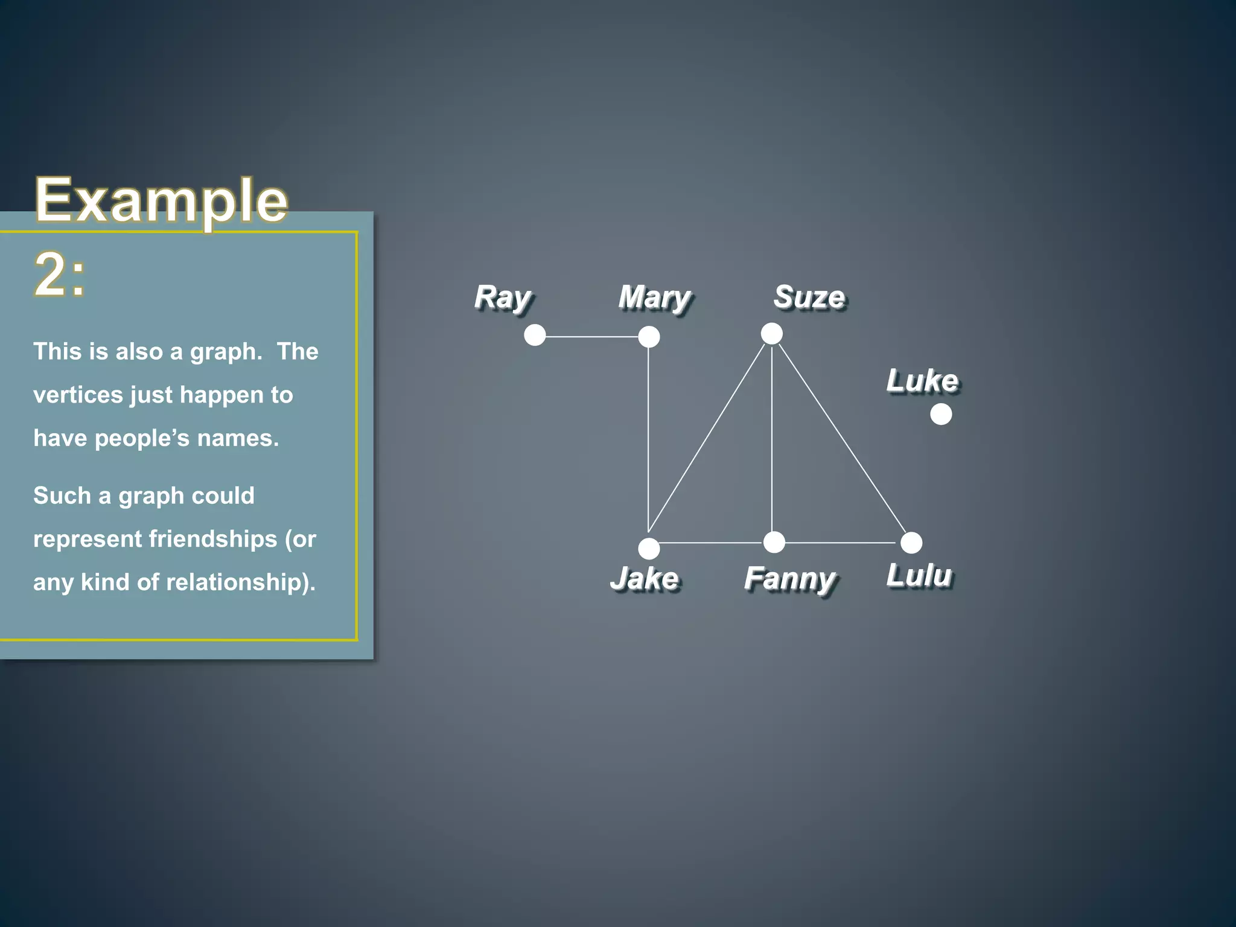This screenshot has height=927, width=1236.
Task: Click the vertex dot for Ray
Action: click(x=535, y=335)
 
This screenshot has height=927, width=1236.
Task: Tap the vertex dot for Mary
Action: click(x=649, y=337)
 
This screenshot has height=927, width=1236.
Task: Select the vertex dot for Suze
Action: click(x=772, y=333)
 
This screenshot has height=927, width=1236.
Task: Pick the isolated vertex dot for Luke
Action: click(x=941, y=414)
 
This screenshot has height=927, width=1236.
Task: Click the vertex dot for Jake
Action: click(x=649, y=549)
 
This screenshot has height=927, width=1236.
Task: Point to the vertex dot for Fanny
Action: click(x=774, y=543)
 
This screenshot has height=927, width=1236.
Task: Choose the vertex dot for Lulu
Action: click(x=911, y=543)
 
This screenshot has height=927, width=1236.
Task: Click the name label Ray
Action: click(x=503, y=298)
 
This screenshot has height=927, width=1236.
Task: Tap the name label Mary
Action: click(x=655, y=298)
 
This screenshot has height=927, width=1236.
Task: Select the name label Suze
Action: click(x=809, y=298)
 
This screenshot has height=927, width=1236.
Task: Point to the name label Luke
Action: click(x=922, y=381)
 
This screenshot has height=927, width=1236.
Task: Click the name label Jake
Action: click(x=645, y=578)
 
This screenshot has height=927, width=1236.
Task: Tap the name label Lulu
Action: click(x=919, y=575)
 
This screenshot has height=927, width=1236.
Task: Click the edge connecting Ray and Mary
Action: click(x=591, y=337)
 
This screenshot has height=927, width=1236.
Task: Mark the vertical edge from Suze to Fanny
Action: click(x=772, y=438)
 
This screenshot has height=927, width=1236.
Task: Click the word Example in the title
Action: click(x=161, y=201)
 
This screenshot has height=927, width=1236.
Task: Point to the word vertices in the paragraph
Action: click(x=78, y=395)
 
